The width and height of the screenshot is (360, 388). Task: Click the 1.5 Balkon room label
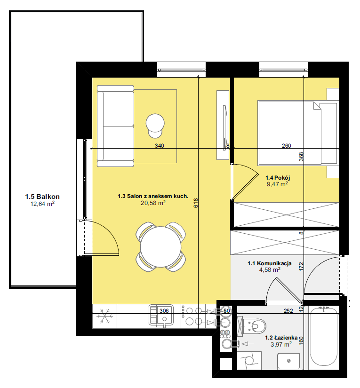[x=42, y=197]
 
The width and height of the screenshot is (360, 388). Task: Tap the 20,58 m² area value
[x=153, y=203]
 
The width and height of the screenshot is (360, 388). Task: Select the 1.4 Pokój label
[x=278, y=178]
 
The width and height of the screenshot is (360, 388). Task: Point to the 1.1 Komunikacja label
[x=269, y=263]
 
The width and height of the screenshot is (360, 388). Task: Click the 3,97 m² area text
[x=281, y=344]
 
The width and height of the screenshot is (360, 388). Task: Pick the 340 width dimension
[x=160, y=146]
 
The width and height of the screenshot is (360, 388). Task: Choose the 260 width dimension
[x=286, y=146]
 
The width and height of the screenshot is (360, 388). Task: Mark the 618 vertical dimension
[x=196, y=203]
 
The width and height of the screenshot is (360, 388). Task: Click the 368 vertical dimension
[x=301, y=157]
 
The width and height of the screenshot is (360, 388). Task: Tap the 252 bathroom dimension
[x=288, y=311]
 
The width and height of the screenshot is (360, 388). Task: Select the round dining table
[x=160, y=247]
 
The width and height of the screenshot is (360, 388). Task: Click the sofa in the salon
[x=115, y=126]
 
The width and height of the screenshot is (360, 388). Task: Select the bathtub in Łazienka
[x=324, y=338]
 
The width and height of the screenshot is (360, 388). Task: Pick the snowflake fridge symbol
[x=104, y=316]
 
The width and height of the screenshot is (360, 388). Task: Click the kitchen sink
[x=161, y=315]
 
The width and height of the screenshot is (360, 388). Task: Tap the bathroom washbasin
[x=288, y=361]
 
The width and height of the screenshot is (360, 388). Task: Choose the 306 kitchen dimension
[x=164, y=311]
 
